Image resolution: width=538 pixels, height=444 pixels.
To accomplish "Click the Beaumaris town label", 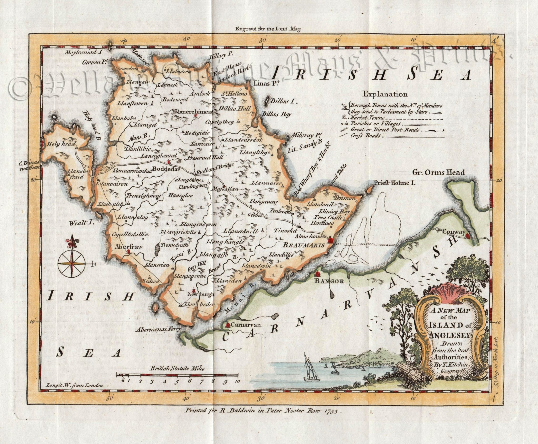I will pos(303,245).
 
